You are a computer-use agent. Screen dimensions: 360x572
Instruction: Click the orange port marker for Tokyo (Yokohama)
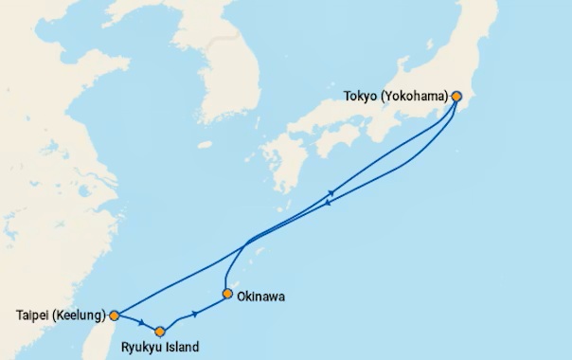tap(456, 96)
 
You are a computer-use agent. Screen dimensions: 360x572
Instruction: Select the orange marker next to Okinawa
tap(227, 294)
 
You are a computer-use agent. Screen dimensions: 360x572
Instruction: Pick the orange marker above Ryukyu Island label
tap(160, 332)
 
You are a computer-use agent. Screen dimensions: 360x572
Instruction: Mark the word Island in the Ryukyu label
tap(182, 348)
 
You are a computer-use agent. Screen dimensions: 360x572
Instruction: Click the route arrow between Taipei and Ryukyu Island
tap(141, 323)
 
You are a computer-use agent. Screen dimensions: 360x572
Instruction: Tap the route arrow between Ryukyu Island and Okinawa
tap(195, 313)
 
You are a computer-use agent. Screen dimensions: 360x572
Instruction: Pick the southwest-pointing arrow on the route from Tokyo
tap(328, 202)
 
